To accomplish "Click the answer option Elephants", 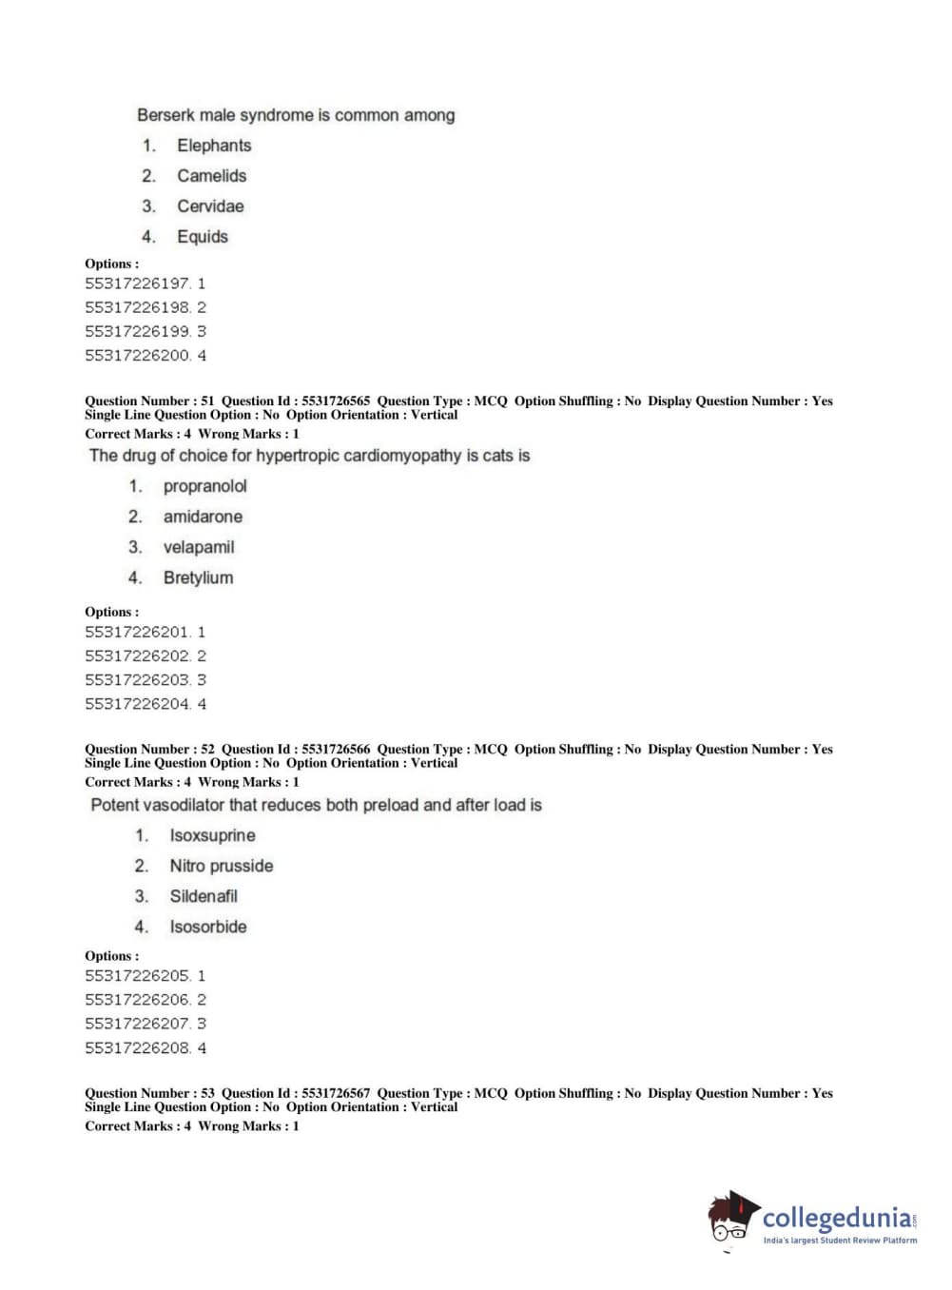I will [x=214, y=146].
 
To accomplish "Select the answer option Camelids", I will [x=211, y=176].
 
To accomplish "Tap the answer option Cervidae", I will [x=210, y=206].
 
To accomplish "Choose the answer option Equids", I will [x=203, y=237].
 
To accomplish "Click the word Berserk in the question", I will [x=165, y=115].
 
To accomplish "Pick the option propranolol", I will [x=204, y=486].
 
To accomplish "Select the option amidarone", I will [x=203, y=517].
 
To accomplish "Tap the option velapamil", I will [x=198, y=547].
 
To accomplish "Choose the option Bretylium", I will [x=198, y=577].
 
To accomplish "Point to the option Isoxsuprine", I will [x=212, y=835].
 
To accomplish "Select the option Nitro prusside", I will [x=221, y=866].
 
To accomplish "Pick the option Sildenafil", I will [x=204, y=896].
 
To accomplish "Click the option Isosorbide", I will [x=207, y=927].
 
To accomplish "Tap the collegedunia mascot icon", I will [x=732, y=1219].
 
